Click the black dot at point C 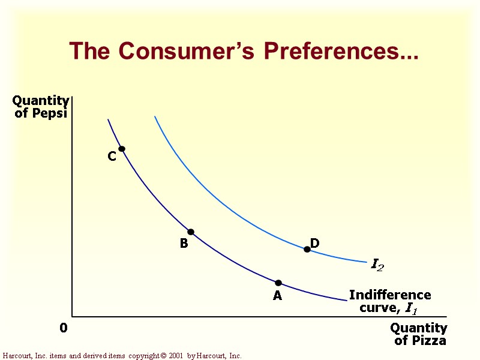tap(122, 149)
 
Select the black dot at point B tap(191, 232)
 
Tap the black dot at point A tap(278, 283)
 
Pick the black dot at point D tap(307, 249)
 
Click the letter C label tap(112, 157)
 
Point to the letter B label tap(184, 244)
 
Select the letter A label tap(277, 296)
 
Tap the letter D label tap(314, 243)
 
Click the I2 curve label tap(377, 265)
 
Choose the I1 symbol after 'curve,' tap(411, 308)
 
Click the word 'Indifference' tap(390, 295)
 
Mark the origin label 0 tap(64, 328)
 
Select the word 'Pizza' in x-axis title tap(428, 341)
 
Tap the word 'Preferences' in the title tap(341, 52)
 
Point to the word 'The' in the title tap(88, 52)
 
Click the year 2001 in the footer tap(175, 356)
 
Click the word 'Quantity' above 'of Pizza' tap(419, 328)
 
